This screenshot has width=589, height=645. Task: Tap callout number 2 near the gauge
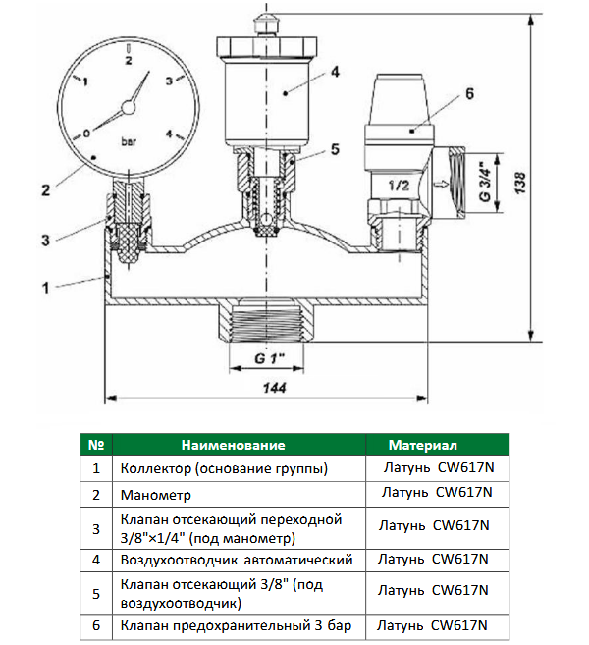pos(44,189)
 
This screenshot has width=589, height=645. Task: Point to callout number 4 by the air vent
pos(334,72)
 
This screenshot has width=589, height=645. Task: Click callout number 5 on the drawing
pos(335,149)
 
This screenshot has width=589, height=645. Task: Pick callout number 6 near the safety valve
pos(469,94)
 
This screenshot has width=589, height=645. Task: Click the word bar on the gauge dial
pos(128,140)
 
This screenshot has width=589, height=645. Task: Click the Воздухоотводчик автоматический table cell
pos(236,560)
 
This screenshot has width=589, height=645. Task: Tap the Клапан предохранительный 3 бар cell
pos(236,625)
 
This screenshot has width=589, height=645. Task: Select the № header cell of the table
pos(96,445)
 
